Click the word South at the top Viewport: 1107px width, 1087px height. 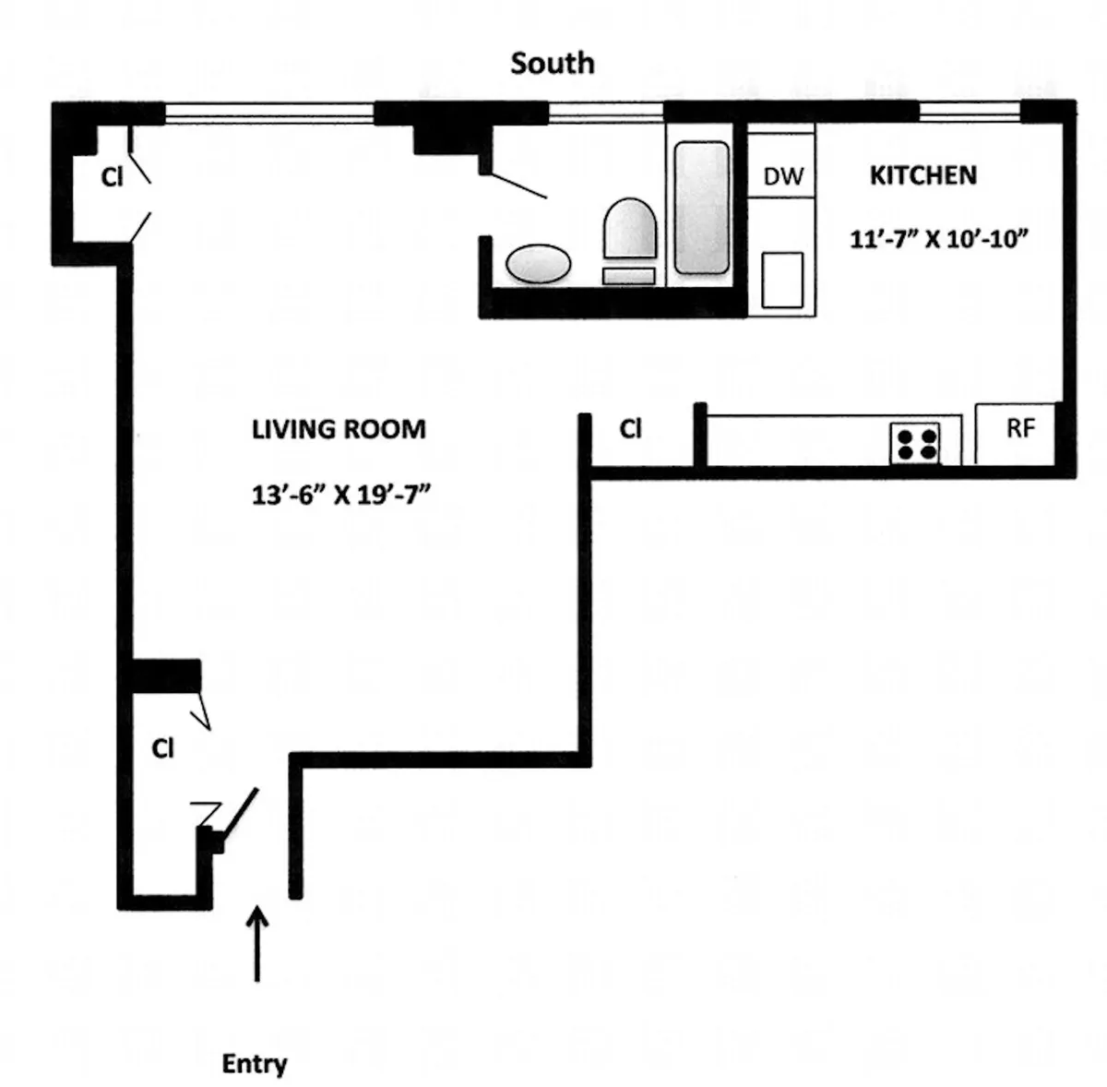[552, 64]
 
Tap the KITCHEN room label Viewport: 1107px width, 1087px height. [922, 175]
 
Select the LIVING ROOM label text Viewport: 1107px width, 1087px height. [339, 429]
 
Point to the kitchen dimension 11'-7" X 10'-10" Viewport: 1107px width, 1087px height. [938, 239]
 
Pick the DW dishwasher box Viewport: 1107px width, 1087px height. [782, 176]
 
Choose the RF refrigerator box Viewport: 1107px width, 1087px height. [1019, 429]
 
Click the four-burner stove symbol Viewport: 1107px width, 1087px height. [914, 442]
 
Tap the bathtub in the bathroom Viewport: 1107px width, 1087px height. [701, 207]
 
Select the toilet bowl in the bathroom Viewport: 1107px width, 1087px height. [630, 229]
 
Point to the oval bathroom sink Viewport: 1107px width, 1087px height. [539, 264]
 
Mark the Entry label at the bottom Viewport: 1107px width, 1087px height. [254, 1064]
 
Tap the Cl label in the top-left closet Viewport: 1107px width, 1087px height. [112, 177]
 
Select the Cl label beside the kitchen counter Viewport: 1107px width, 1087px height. [630, 429]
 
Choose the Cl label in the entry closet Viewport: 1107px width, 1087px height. [162, 749]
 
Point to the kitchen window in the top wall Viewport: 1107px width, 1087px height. [969, 113]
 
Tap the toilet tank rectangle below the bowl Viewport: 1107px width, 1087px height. [628, 275]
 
